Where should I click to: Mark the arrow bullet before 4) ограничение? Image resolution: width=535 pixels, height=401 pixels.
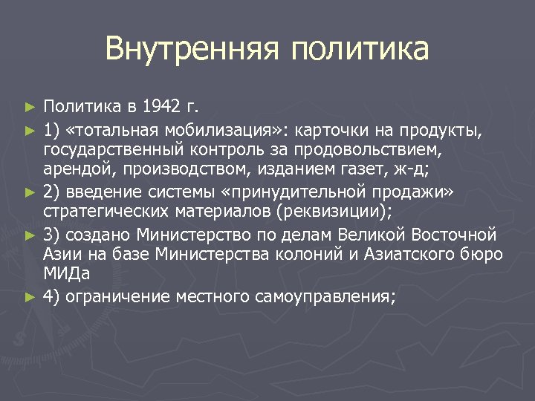[x=29, y=298]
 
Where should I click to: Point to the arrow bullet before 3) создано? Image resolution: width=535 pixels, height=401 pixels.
[x=29, y=236]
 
